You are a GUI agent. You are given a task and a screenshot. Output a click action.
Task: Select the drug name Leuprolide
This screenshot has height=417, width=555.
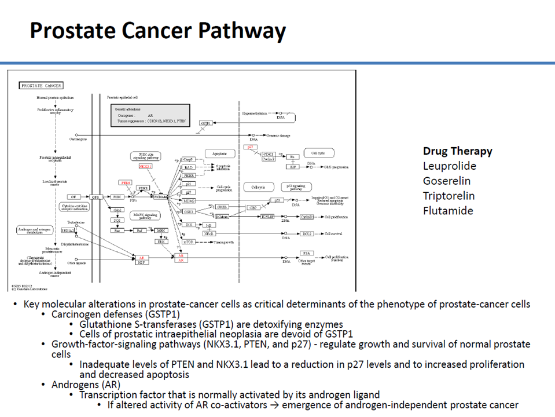tap(450, 166)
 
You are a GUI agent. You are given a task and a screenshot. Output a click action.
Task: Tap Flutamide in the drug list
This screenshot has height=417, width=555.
tap(448, 211)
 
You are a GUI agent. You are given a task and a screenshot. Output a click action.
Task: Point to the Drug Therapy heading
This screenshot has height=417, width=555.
tap(457, 151)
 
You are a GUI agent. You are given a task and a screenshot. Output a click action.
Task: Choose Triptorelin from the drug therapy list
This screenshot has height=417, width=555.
tap(449, 196)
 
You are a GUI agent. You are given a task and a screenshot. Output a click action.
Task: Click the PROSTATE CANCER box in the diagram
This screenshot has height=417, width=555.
tap(41, 86)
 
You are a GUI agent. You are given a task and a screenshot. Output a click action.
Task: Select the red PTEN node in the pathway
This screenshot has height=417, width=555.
tap(126, 182)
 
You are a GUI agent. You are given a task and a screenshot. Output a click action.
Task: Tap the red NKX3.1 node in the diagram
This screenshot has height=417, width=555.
tap(145, 166)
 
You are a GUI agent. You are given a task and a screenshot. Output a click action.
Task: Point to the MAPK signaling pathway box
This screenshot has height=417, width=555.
tap(142, 217)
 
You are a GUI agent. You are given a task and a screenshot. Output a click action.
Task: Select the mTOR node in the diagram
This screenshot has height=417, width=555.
tap(189, 242)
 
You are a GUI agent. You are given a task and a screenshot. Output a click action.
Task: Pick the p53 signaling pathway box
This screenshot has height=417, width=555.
tap(297, 187)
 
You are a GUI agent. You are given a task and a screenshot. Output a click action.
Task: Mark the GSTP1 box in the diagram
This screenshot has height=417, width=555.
tap(205, 123)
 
